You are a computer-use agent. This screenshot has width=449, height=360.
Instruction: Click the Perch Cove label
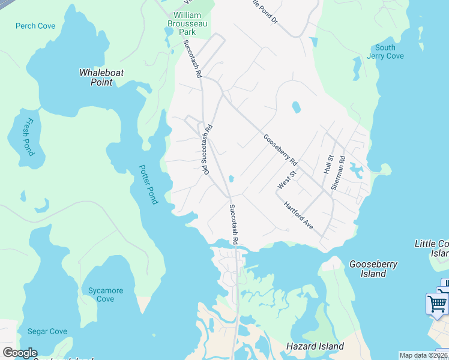(x=35, y=26)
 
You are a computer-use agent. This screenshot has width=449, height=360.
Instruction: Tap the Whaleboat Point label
(x=101, y=77)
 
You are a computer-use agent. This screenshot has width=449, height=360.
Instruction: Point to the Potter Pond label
(x=148, y=184)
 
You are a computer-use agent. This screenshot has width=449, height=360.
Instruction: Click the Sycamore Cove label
(x=105, y=295)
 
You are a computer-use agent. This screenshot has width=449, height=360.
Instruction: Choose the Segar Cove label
(x=47, y=331)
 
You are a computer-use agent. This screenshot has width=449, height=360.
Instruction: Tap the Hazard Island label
(x=315, y=346)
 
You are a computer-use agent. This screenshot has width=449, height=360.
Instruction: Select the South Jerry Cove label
(x=385, y=52)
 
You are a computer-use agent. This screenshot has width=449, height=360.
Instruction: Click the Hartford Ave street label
(x=298, y=215)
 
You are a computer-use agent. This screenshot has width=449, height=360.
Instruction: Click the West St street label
(x=286, y=180)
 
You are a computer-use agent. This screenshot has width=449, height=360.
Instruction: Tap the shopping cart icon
(x=436, y=303)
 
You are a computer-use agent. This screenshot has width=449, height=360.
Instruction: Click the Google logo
(x=20, y=353)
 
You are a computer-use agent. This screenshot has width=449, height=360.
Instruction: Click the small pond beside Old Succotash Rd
(x=231, y=178)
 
